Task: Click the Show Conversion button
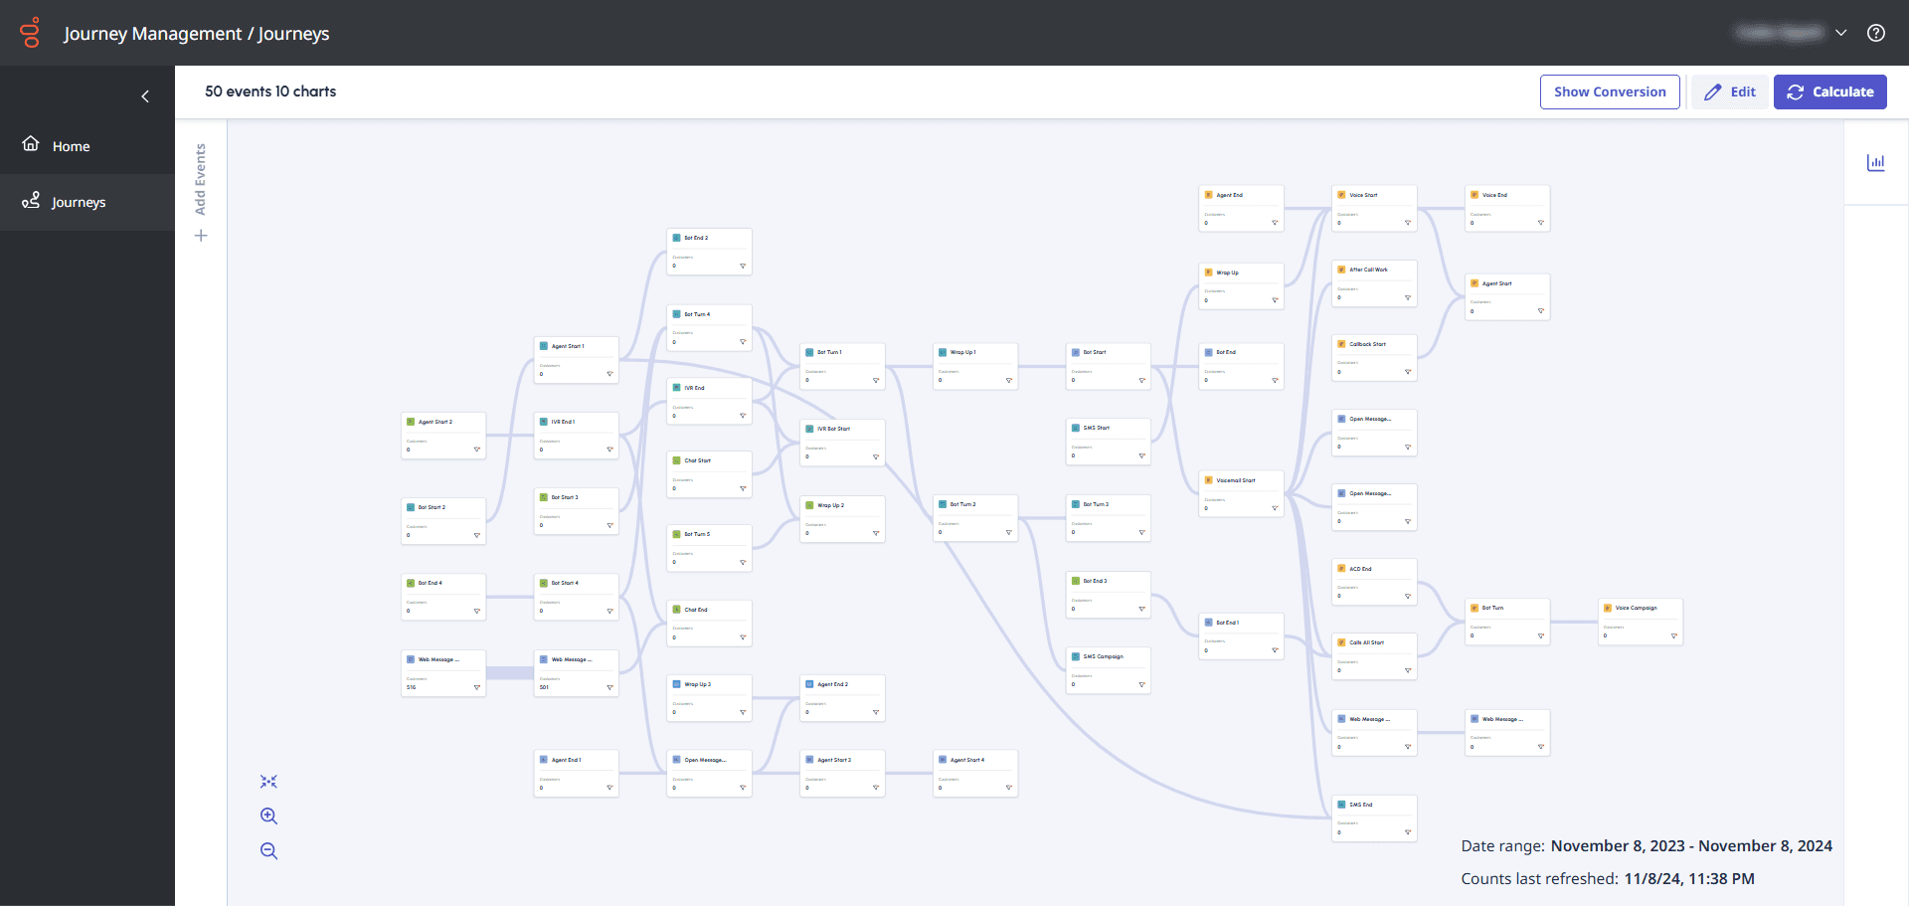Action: coord(1610,91)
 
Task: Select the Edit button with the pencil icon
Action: coord(1730,91)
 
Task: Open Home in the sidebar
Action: coord(71,146)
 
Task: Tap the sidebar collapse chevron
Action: coord(145,96)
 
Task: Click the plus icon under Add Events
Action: coord(201,236)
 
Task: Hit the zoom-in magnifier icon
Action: coord(268,816)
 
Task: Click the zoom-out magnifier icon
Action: coord(268,851)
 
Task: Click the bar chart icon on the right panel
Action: coord(1876,162)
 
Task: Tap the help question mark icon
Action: coord(1876,33)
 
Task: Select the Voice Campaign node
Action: coord(1640,621)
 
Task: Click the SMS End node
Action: coord(1374,817)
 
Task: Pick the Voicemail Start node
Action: coord(1241,493)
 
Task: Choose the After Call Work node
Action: coord(1374,282)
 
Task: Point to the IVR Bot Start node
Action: coord(842,442)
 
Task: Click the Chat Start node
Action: coord(709,473)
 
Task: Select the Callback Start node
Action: coord(1374,357)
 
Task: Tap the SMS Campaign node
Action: coord(1108,669)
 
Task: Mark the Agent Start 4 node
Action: coord(974,773)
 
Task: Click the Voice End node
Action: coord(1507,208)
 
